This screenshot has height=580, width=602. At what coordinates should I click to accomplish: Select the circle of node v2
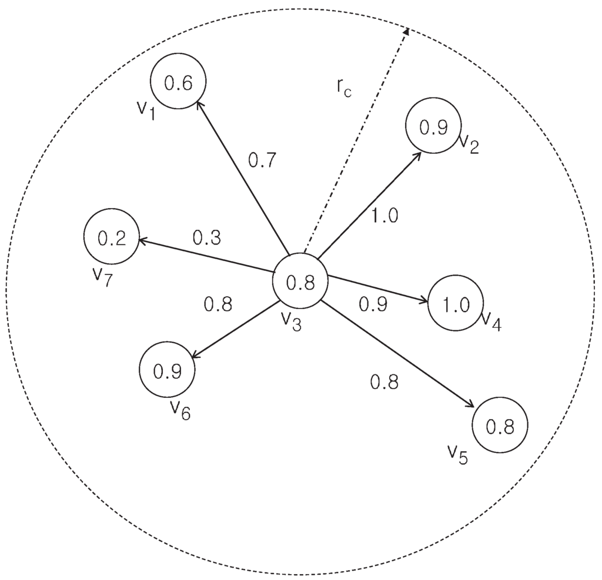point(433,126)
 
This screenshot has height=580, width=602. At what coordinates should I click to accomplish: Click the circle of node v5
point(500,425)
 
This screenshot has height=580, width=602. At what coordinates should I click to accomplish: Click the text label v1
point(146,109)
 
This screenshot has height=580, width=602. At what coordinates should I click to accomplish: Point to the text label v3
point(291,320)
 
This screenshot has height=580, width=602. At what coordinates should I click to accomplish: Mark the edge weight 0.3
point(206,237)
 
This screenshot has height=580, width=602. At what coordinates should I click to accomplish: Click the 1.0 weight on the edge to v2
point(384,216)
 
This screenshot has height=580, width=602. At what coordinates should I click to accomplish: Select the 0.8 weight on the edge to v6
point(218,304)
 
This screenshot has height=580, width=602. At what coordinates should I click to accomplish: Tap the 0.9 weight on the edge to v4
point(373,304)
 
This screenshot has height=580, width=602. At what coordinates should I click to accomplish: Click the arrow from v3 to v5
point(400,354)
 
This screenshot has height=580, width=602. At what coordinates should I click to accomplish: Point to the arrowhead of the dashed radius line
point(405,31)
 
